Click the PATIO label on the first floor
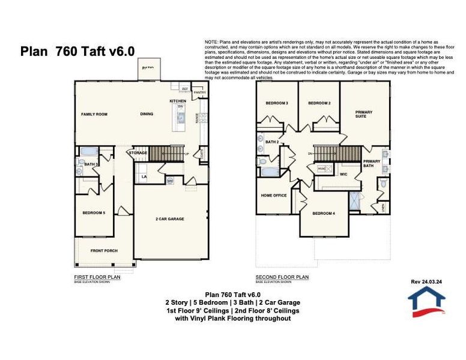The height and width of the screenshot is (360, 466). [148, 68]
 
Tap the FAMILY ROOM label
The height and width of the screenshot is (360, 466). [94, 114]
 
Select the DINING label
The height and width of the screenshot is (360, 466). [147, 114]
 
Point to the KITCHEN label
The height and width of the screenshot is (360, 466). [178, 101]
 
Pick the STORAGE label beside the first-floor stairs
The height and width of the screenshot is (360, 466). [138, 153]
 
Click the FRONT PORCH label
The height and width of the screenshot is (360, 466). [103, 250]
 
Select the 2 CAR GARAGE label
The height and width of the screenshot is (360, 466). [169, 219]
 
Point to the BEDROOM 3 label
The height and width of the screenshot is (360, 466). [277, 103]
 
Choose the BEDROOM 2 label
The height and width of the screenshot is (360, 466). [319, 103]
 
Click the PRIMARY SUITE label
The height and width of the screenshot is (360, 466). [364, 114]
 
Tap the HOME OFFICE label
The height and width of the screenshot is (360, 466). [274, 196]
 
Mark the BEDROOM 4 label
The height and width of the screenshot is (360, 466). [324, 213]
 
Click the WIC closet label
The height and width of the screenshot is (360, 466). [343, 175]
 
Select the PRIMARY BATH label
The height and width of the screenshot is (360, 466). [372, 163]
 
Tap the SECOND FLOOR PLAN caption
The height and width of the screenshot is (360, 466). [282, 277]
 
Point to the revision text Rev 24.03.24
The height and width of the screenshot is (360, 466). [427, 280]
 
